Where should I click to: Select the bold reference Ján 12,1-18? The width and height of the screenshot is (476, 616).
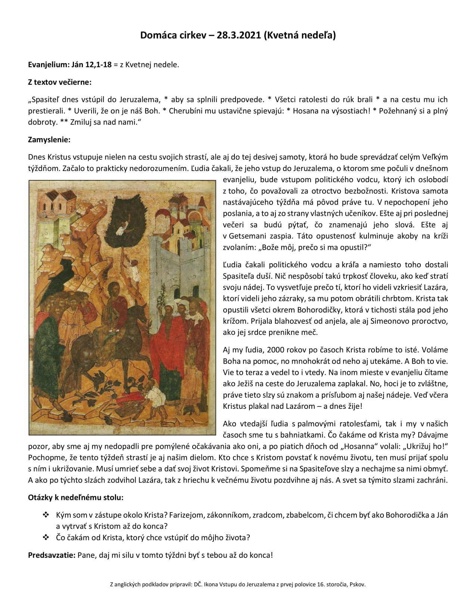(91, 65)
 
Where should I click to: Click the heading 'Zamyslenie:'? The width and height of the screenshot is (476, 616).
(49, 140)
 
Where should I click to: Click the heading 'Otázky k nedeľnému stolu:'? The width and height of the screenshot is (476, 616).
(76, 498)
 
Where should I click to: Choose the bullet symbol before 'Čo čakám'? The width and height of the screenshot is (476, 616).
(46, 538)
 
